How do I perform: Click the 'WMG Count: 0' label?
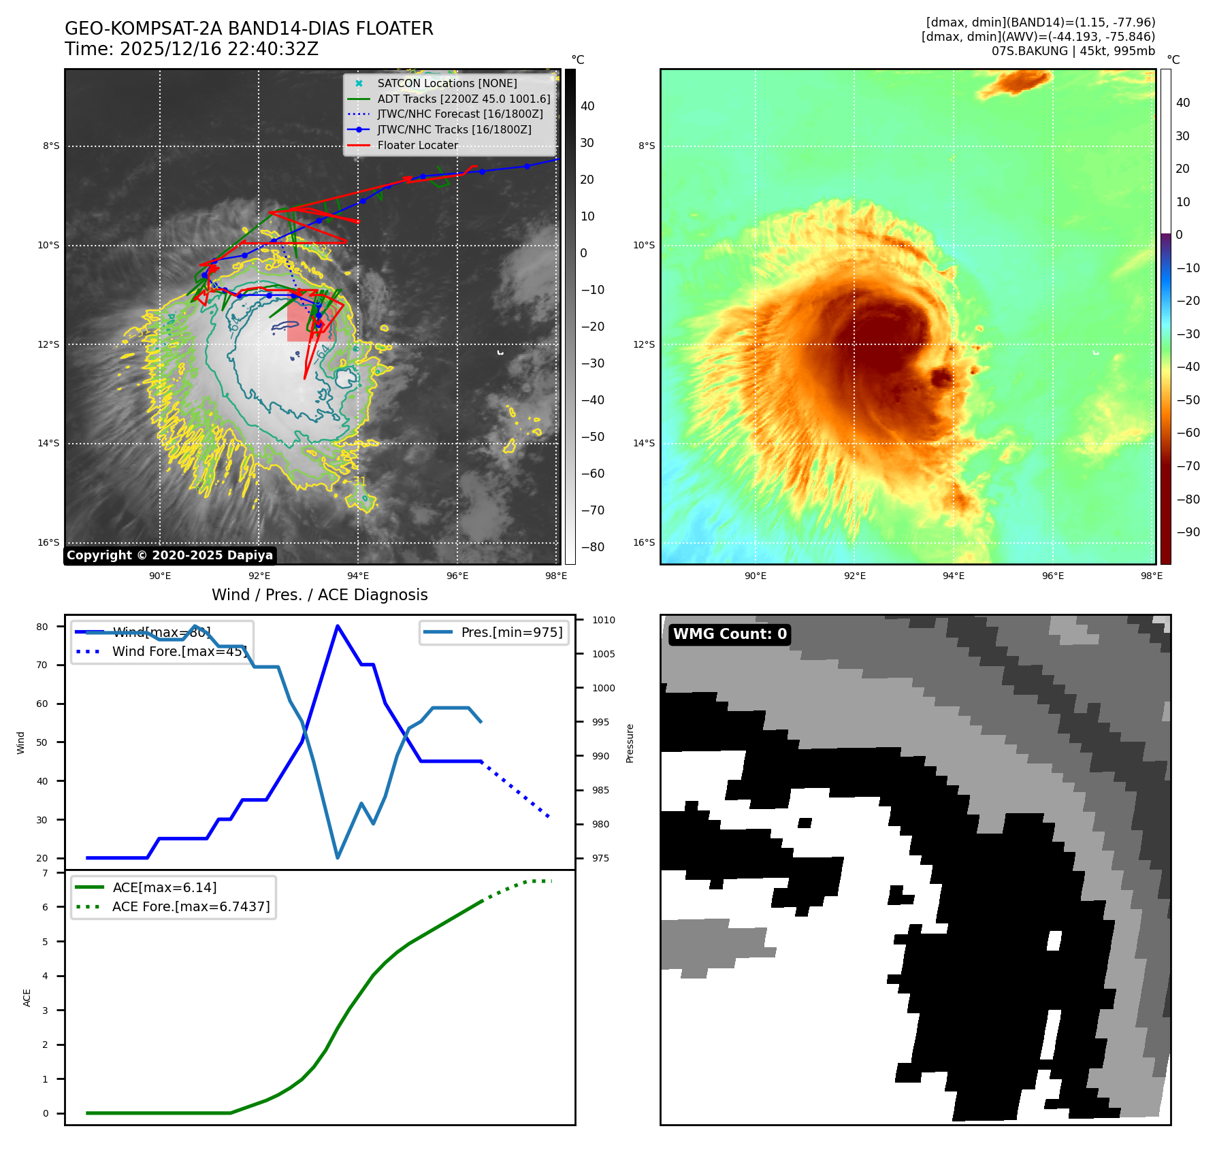pos(730,634)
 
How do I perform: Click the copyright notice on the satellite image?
pos(169,555)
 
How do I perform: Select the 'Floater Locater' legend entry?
pos(417,145)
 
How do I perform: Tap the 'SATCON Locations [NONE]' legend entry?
pos(447,83)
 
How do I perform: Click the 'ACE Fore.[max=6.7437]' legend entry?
pos(191,906)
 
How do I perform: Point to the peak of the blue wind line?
pos(338,626)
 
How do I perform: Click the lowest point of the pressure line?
pos(338,857)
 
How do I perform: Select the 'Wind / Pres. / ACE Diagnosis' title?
pos(320,595)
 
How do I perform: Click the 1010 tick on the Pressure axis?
pos(603,620)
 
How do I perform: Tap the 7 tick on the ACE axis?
pos(46,873)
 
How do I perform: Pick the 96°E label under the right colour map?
pos(1052,576)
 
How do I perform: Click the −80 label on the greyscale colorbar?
pos(592,546)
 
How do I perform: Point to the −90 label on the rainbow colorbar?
pos(1188,532)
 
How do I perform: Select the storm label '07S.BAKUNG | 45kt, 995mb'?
pos(1073,51)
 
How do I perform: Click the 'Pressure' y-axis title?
pos(630,743)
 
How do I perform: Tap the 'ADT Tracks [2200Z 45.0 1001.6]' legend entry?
pos(464,99)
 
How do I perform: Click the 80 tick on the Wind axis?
pos(42,627)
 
